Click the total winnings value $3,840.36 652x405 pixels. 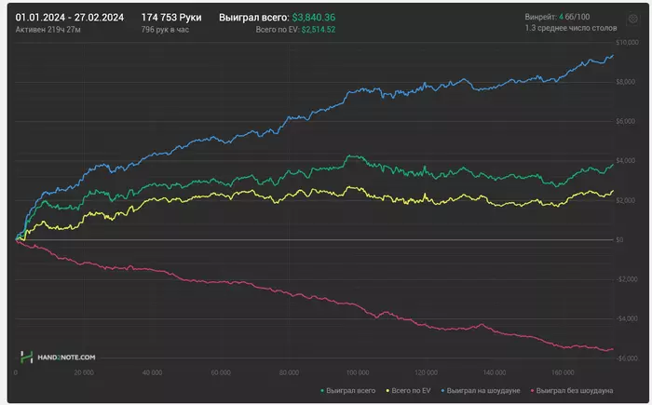click(313, 17)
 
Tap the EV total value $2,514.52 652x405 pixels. click(318, 30)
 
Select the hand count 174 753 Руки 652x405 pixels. click(171, 17)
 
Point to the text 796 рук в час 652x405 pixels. click(166, 30)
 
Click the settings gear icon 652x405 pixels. click(632, 18)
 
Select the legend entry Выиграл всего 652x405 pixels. click(350, 391)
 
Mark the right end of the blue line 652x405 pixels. click(614, 56)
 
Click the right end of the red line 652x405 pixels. click(614, 349)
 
